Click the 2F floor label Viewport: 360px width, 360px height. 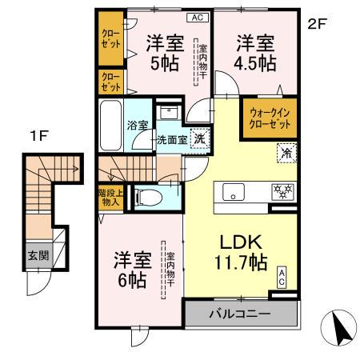[x=318, y=24]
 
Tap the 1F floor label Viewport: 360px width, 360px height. [x=37, y=136]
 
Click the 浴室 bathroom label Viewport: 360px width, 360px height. [x=138, y=124]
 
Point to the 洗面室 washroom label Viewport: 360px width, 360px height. [x=172, y=139]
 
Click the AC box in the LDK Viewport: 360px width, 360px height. [x=282, y=277]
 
